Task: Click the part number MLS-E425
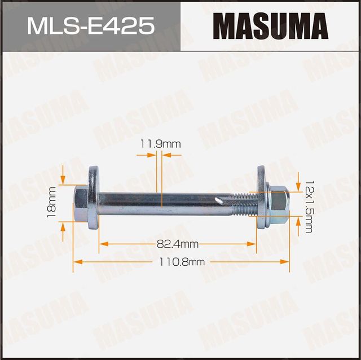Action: (90, 26)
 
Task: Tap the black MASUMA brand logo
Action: (271, 26)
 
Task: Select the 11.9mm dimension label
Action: (160, 144)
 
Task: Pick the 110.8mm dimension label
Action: (182, 262)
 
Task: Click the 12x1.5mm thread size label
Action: (308, 203)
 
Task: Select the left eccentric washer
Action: (93, 198)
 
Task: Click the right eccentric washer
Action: (262, 198)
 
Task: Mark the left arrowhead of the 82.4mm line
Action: (103, 244)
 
